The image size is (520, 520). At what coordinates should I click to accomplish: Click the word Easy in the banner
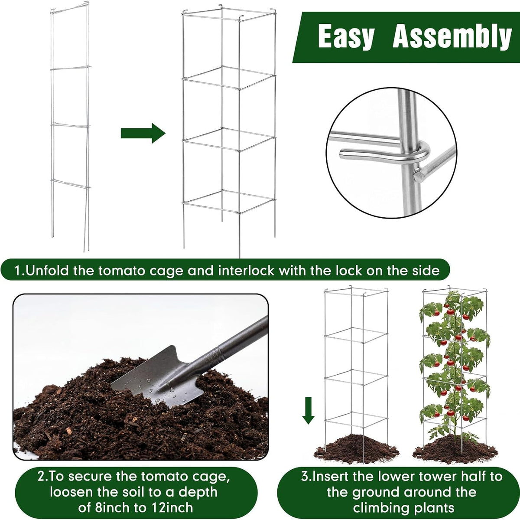point(346,36)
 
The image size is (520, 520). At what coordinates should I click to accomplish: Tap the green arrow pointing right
point(143,133)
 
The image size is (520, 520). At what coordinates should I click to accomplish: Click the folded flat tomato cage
point(71,127)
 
